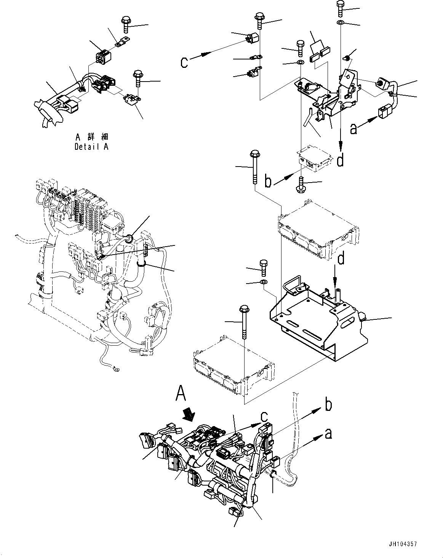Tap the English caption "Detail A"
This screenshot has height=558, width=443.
91,147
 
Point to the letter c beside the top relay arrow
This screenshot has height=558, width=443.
184,62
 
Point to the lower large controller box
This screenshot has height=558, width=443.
233,366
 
